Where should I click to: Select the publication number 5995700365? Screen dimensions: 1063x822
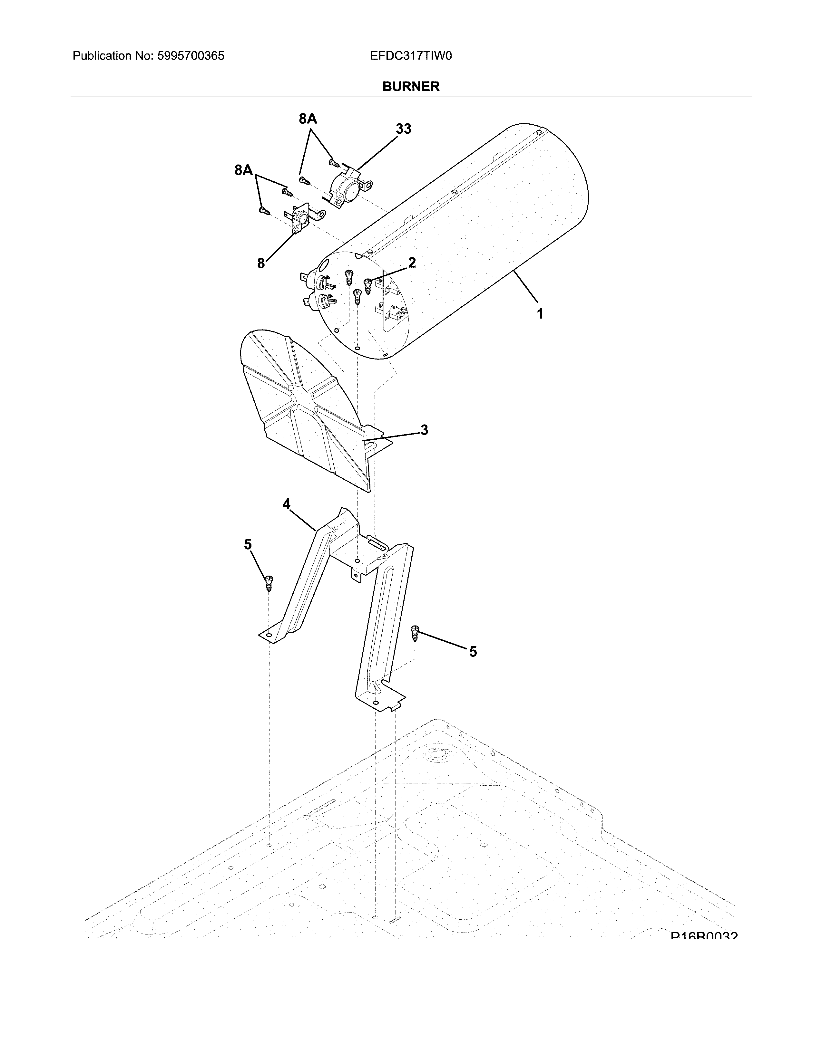pyautogui.click(x=191, y=56)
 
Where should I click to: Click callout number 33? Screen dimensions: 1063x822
pyautogui.click(x=403, y=129)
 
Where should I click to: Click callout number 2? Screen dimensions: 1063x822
pyautogui.click(x=412, y=263)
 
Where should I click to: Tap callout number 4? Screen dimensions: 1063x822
pyautogui.click(x=286, y=504)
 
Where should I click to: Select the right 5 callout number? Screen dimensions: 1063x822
pyautogui.click(x=473, y=651)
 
